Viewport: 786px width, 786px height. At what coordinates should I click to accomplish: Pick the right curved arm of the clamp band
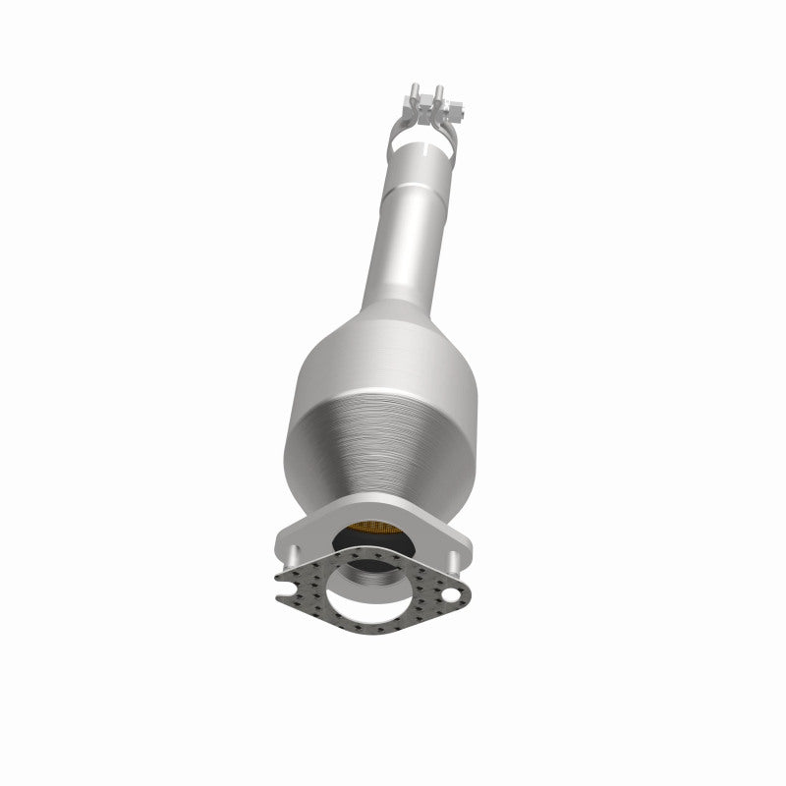(x=454, y=138)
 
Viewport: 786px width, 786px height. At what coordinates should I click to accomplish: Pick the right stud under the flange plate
(x=455, y=561)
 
